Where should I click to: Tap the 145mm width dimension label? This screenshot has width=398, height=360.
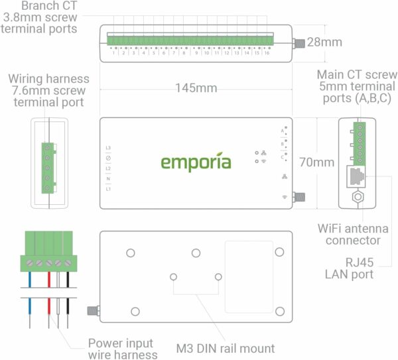coord(196,88)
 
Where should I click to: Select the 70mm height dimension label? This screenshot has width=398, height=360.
coord(316,162)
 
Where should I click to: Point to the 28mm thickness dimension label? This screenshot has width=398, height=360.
coord(324,42)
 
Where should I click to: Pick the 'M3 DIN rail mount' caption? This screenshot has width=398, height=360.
coord(226,348)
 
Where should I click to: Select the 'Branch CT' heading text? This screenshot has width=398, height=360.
coord(40,6)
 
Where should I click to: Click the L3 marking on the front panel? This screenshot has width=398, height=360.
coord(108,148)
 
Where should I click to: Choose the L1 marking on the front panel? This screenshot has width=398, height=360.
coord(108,190)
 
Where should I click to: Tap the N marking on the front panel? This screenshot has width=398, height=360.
coord(108,179)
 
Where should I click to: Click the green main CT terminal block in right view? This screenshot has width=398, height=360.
coord(360,143)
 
